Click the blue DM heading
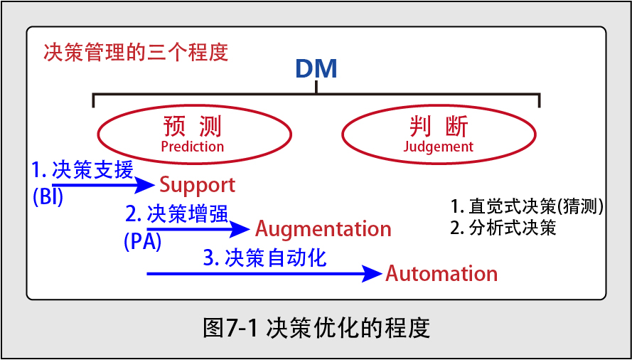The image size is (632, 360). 316,69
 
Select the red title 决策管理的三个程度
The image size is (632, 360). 136,52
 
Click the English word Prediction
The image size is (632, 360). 192,146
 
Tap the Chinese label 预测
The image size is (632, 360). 193,128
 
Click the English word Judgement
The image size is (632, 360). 438,146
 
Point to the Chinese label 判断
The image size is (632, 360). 439,128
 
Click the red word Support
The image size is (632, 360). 198,186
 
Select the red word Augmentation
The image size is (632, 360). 323,230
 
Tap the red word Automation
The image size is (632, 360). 441,274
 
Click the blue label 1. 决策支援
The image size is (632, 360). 82,171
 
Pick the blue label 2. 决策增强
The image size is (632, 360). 177,214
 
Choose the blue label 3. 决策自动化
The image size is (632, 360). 264,258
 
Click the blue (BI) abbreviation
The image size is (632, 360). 48,199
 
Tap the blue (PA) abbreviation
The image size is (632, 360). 143,242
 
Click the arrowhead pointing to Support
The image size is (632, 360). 144,186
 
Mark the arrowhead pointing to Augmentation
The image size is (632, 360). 240,230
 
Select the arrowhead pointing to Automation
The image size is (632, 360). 371,274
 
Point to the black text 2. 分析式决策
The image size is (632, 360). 503,228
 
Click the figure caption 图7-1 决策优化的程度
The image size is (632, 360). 317,329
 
